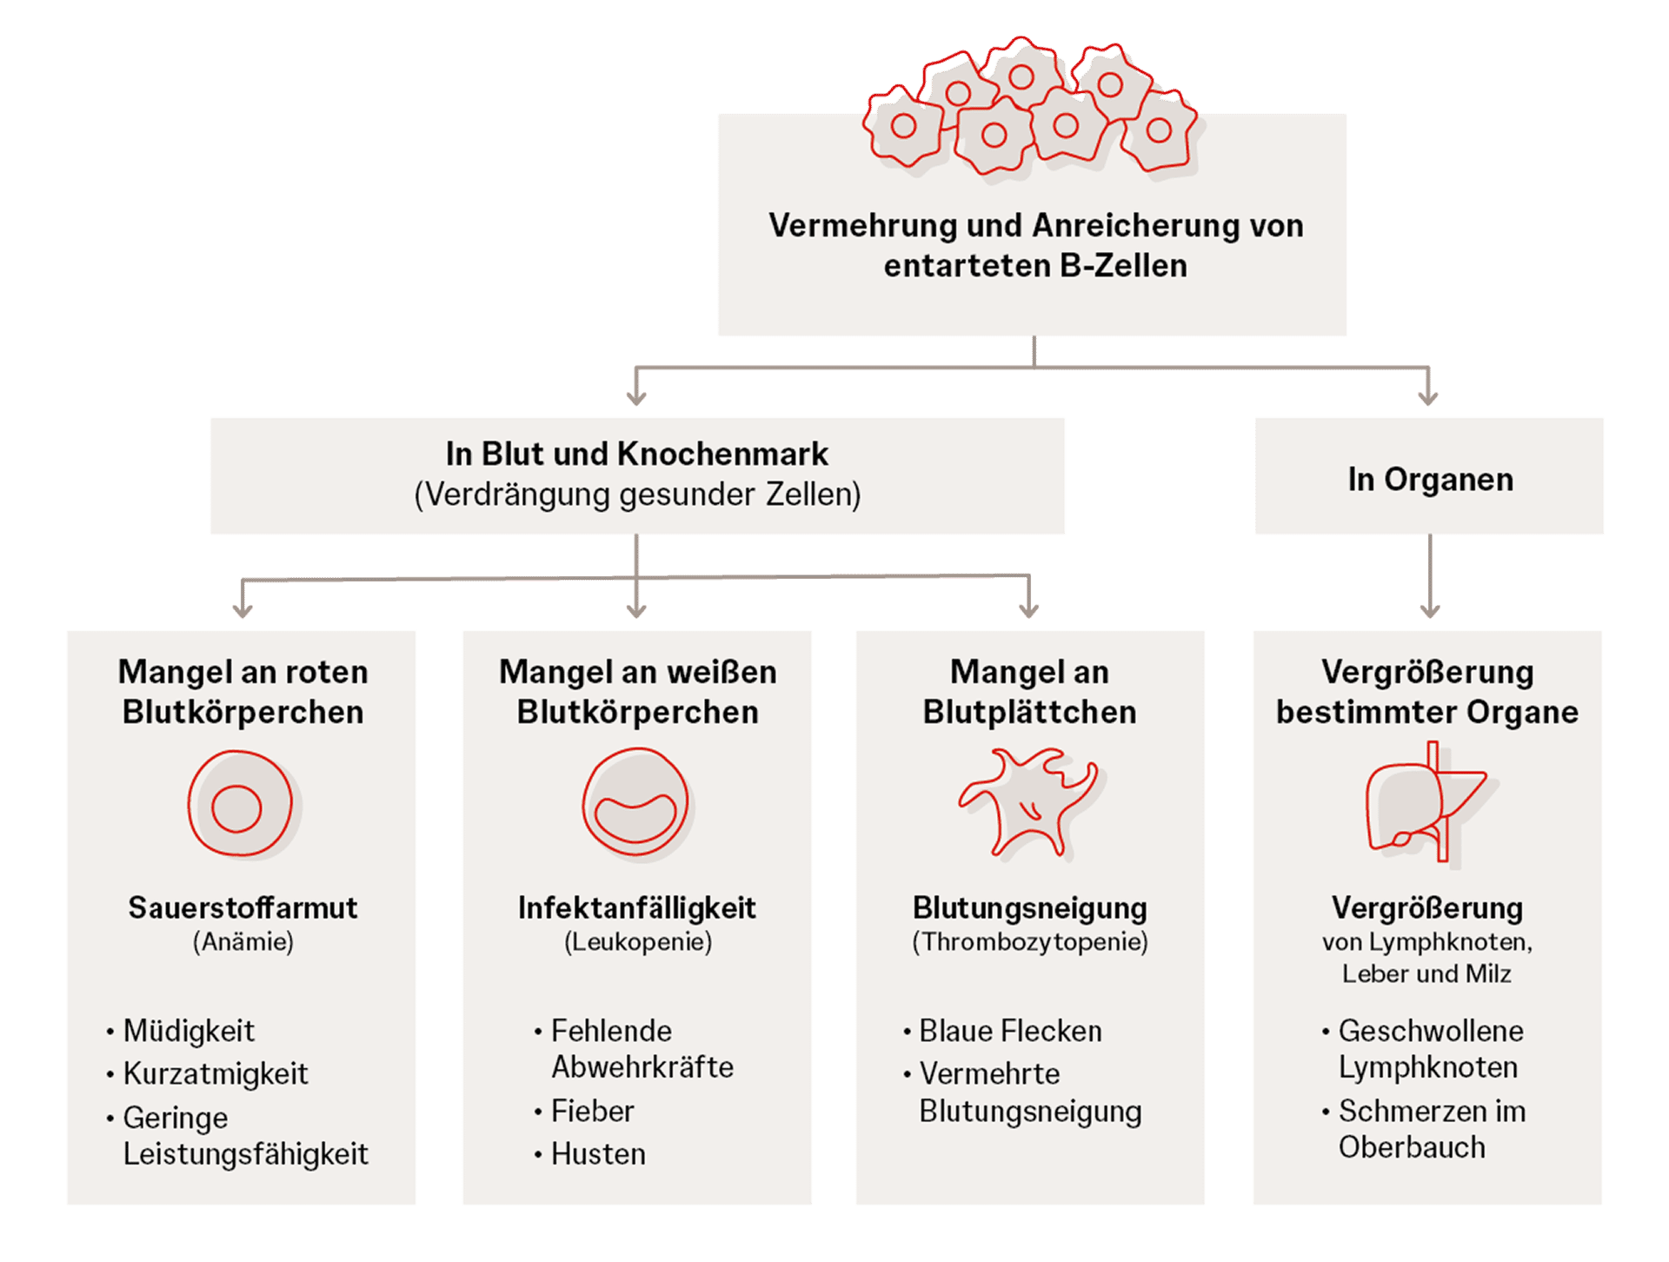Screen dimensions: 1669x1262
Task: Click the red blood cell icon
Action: pyautogui.click(x=241, y=804)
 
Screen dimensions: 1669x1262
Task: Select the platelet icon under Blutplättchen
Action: pyautogui.click(x=1029, y=801)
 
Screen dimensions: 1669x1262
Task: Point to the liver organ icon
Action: pyautogui.click(x=1426, y=802)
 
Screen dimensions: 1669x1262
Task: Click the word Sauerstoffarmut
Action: pyautogui.click(x=243, y=907)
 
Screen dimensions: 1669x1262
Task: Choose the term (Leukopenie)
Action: pyautogui.click(x=638, y=941)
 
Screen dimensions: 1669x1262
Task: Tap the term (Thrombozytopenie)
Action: pyautogui.click(x=1030, y=941)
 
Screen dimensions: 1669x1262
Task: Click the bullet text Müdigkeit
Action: pyautogui.click(x=189, y=1031)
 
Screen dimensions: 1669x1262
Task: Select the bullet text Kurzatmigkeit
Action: pyautogui.click(x=216, y=1074)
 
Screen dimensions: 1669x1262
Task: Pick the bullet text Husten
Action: pyautogui.click(x=598, y=1154)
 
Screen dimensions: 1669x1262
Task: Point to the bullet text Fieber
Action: pyautogui.click(x=593, y=1111)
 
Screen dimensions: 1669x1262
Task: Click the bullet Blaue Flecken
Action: pyautogui.click(x=1010, y=1031)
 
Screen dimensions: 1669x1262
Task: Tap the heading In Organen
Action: pyautogui.click(x=1430, y=479)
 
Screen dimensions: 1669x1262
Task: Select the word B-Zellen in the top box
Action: pyautogui.click(x=1123, y=265)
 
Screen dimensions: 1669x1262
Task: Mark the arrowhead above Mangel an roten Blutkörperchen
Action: pyautogui.click(x=243, y=610)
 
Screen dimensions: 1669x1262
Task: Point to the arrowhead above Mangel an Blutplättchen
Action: pyautogui.click(x=1029, y=610)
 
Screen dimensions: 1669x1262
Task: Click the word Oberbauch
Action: pyautogui.click(x=1412, y=1147)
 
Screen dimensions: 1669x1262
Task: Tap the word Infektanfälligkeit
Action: pyautogui.click(x=636, y=907)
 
